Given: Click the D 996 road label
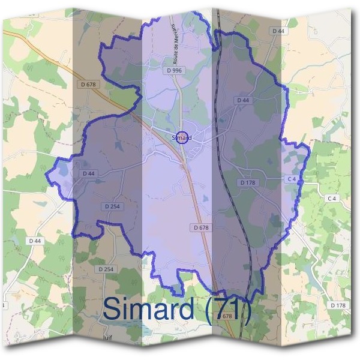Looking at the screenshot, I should click(175, 70).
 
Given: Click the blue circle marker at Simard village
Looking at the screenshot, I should click(184, 137).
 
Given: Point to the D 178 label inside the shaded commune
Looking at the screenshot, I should click(248, 182).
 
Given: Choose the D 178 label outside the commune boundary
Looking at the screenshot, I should click(338, 305).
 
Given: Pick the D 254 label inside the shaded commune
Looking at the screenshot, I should click(112, 206).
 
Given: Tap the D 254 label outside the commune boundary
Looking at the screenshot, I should click(105, 269).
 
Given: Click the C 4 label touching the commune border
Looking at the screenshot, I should click(292, 179).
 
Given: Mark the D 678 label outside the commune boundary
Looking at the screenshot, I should click(88, 85).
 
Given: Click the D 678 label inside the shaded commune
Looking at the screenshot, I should click(202, 227).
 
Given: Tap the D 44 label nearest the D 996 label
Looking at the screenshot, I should click(243, 100).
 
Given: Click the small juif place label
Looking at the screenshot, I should click(107, 337).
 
